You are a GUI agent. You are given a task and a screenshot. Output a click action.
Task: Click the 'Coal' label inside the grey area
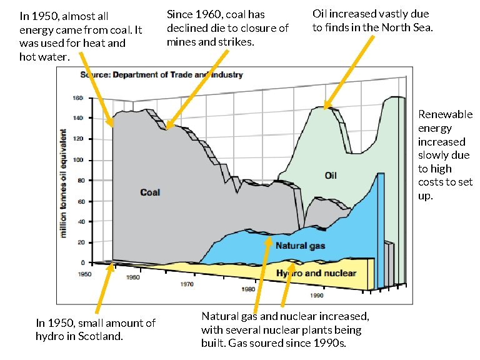point(150,192)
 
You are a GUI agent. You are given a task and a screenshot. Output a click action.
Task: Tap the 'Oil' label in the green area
point(331,175)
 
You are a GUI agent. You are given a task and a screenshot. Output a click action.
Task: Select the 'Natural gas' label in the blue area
point(300,246)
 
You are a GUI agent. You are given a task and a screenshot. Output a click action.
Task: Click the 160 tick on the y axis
point(78,98)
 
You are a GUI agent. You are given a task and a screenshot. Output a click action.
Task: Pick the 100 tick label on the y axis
point(78,160)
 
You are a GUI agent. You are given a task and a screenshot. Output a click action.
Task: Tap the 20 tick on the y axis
point(80,242)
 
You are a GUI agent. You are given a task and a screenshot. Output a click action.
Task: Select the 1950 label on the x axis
point(84,274)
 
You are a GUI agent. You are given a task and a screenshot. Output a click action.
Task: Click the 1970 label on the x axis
point(187,284)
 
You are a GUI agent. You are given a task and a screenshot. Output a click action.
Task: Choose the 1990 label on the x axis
point(317,296)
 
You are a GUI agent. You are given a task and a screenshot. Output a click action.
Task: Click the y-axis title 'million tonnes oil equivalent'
point(64,183)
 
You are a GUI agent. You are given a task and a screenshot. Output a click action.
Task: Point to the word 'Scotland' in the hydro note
point(102,337)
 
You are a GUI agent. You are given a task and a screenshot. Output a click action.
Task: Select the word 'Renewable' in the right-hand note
point(445,114)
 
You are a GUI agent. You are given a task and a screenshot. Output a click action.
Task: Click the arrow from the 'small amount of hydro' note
point(104,291)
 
